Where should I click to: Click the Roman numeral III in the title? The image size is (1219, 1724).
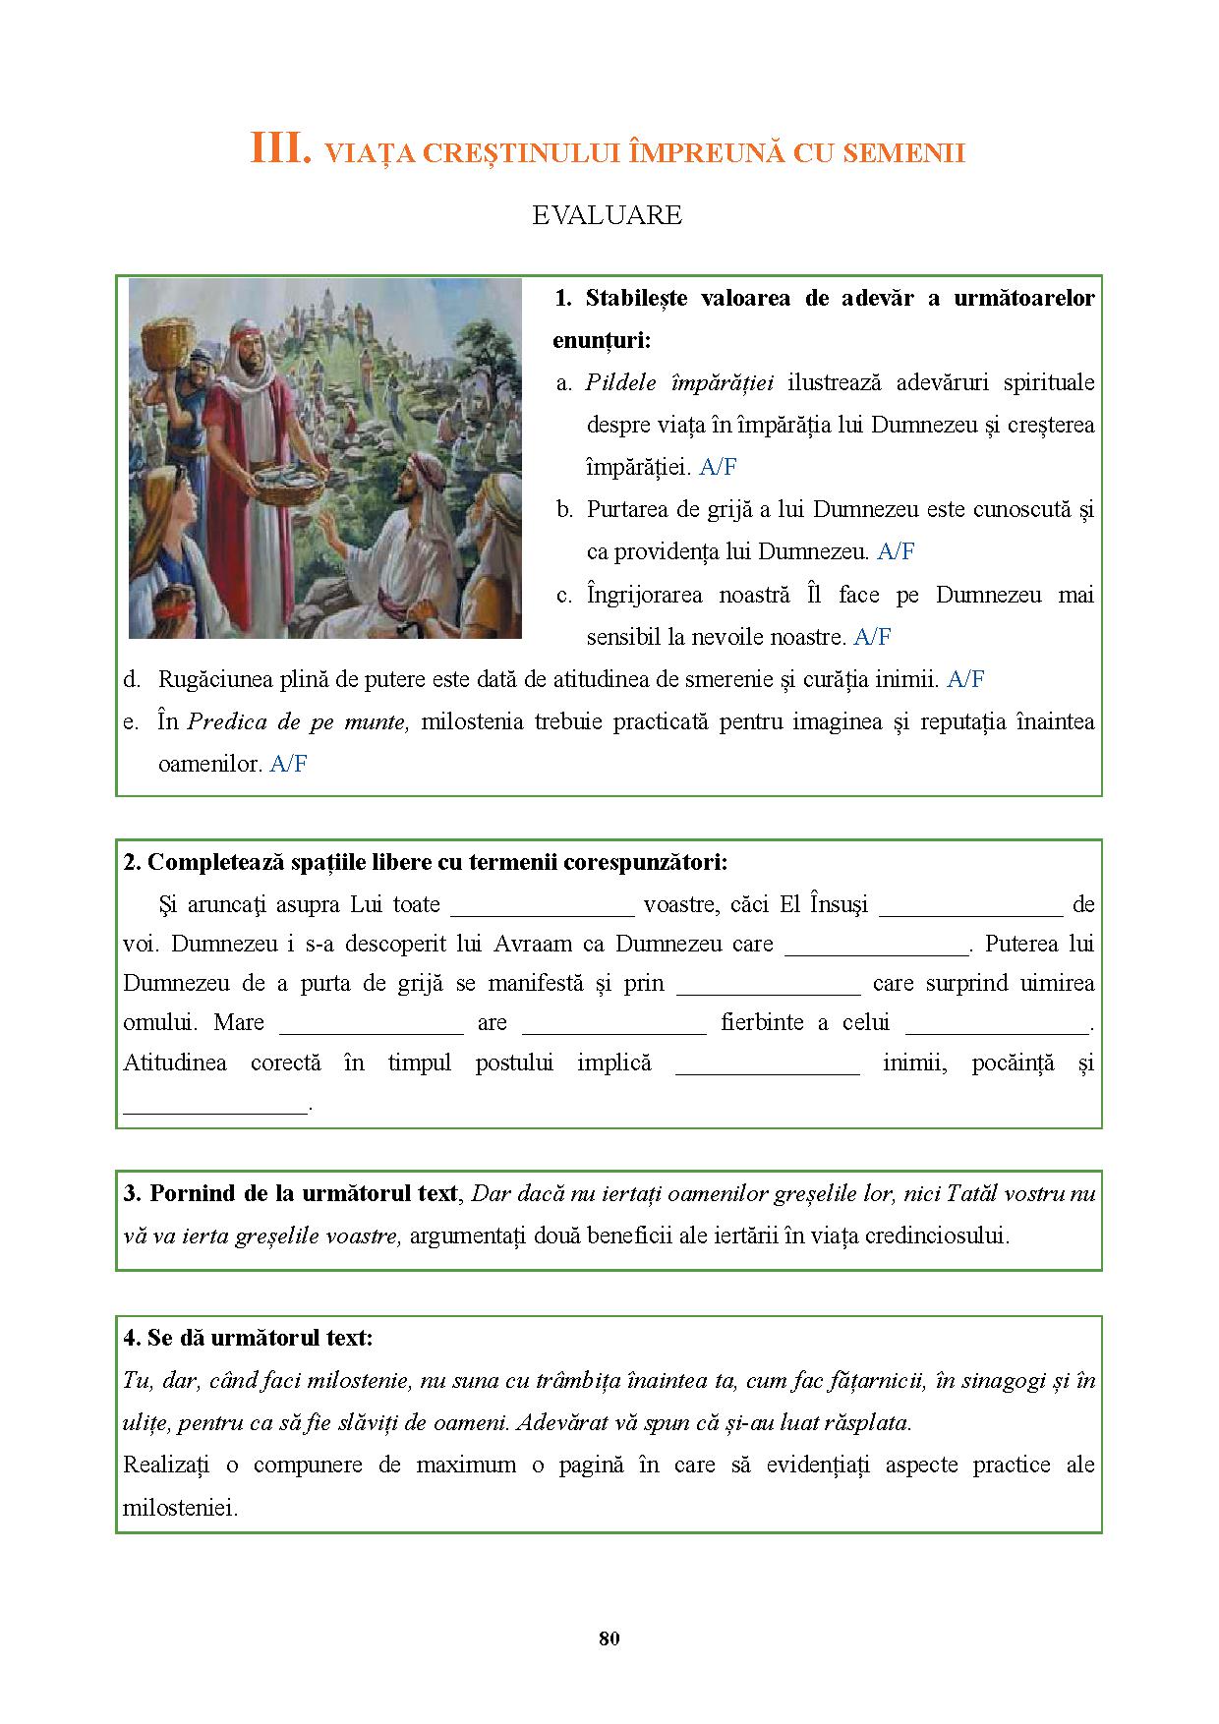[x=280, y=149]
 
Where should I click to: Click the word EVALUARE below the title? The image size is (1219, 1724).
[x=607, y=215]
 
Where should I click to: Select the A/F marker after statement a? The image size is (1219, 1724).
[x=718, y=468]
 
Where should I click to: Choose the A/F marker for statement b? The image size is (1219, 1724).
[x=896, y=552]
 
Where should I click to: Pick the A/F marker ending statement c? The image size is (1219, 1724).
[x=872, y=637]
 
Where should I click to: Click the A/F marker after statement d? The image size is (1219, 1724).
[x=965, y=679]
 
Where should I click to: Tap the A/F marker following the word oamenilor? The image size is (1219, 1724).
[x=289, y=764]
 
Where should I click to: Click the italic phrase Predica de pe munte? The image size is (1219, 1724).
[x=297, y=721]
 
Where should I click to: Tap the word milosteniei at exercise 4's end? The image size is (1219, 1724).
[x=181, y=1507]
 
